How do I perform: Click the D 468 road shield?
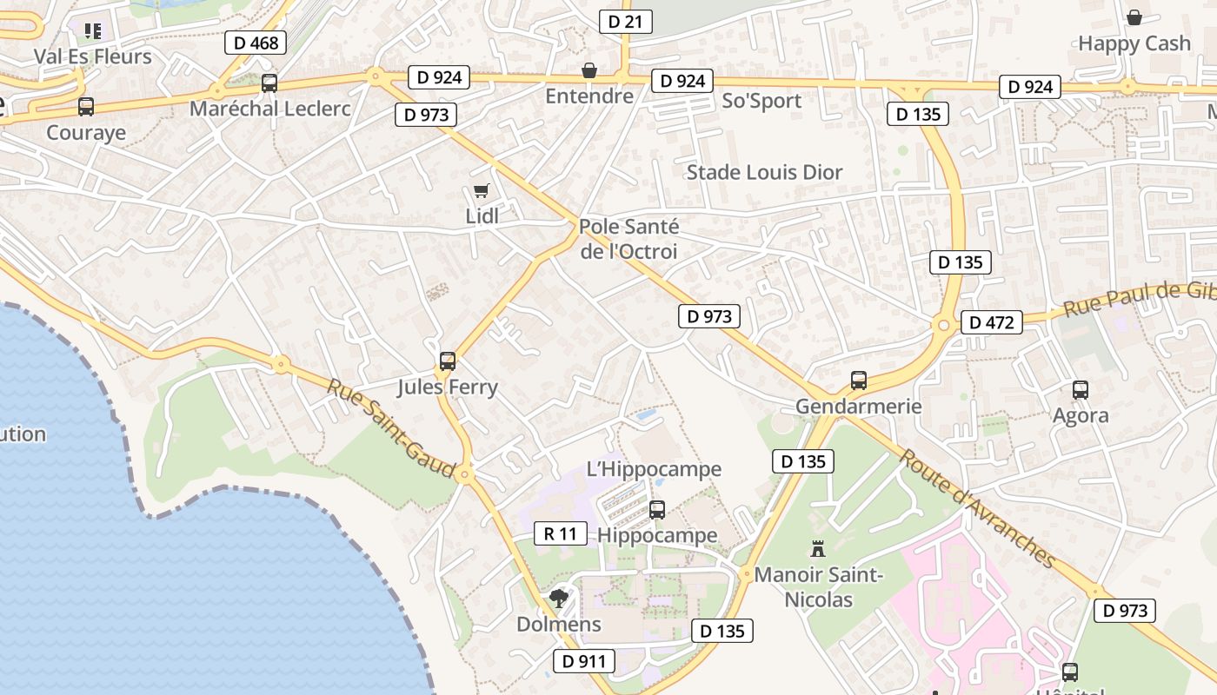click(256, 43)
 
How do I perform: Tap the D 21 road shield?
click(625, 22)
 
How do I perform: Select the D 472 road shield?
click(991, 322)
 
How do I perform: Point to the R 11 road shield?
click(560, 533)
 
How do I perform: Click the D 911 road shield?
click(583, 661)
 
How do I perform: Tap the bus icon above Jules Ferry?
click(448, 361)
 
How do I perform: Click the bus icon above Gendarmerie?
click(858, 380)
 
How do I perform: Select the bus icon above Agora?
click(1081, 390)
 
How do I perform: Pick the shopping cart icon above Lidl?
click(481, 191)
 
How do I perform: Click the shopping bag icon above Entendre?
click(589, 69)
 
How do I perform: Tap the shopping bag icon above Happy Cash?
click(1134, 17)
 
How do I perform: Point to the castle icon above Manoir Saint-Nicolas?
click(817, 549)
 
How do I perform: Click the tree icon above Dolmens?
click(558, 599)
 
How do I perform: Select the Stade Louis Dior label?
click(764, 172)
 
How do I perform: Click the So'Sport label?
click(761, 101)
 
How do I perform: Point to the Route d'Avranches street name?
click(977, 508)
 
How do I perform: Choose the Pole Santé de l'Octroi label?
click(628, 239)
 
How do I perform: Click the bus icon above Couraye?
click(86, 107)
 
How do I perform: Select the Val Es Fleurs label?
click(92, 56)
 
